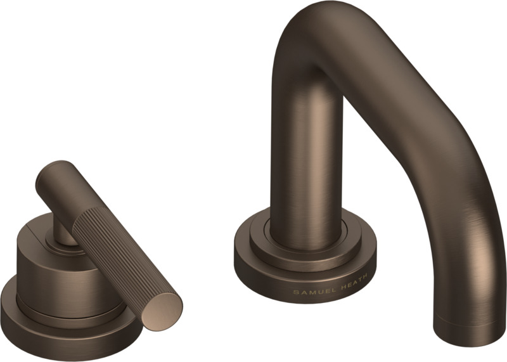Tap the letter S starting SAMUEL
point(295,292)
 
